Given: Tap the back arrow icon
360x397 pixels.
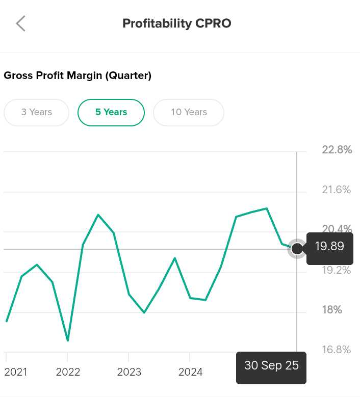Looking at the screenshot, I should click(20, 23).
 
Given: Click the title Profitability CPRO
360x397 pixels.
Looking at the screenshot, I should click(176, 23).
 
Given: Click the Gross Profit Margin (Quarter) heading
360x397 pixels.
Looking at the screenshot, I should click(78, 76).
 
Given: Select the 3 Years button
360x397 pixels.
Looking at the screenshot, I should click(36, 112).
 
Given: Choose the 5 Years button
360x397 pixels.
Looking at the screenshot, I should click(111, 112).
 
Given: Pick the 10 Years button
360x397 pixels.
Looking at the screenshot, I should click(189, 112).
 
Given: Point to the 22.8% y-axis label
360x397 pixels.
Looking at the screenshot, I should click(337, 150).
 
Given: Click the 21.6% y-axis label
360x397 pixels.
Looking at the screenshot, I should click(337, 190).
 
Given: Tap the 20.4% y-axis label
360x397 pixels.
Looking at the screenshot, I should click(337, 229).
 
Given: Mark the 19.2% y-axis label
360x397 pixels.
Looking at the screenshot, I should click(337, 270).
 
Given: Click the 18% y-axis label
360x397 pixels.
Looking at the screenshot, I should click(331, 310).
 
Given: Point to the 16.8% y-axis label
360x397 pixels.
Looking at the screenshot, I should click(337, 350).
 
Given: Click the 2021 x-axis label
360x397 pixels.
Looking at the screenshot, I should click(16, 372).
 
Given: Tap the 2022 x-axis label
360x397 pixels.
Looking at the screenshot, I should click(68, 372).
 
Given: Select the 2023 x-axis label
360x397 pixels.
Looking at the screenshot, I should click(129, 372).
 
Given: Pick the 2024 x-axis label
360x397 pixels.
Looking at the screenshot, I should click(190, 372).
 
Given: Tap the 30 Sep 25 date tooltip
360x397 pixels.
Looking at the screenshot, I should click(271, 366).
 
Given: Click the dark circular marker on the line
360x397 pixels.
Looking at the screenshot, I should click(297, 249).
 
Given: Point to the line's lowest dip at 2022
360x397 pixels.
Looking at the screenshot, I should click(68, 340).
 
